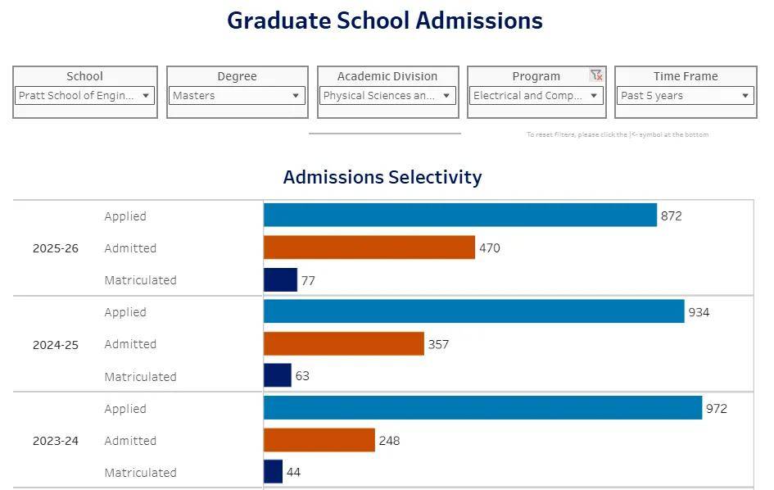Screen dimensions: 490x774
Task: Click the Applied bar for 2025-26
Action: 459,216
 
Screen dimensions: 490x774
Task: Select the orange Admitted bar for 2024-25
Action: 343,344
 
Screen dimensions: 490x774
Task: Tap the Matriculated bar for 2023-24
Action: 273,472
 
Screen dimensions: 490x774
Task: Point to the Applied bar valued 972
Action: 482,408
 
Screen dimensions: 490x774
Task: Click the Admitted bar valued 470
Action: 369,247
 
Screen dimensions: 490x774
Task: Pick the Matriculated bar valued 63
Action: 277,376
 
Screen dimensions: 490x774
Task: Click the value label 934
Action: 699,312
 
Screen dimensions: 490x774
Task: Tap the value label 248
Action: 389,441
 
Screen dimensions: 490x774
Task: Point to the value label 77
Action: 308,280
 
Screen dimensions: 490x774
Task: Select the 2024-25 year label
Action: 56,345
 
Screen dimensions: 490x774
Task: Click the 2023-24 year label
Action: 56,441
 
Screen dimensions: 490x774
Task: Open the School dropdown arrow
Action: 146,96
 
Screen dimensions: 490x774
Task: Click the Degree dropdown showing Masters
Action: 237,96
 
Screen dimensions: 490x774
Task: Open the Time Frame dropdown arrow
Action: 745,96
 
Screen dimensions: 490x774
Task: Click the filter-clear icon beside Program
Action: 596,75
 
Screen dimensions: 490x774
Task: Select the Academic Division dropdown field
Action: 387,96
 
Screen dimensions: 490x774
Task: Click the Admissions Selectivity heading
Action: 382,177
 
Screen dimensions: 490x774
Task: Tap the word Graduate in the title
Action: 278,20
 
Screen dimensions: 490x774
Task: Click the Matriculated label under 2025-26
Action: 140,280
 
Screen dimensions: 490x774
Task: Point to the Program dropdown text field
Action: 528,96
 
